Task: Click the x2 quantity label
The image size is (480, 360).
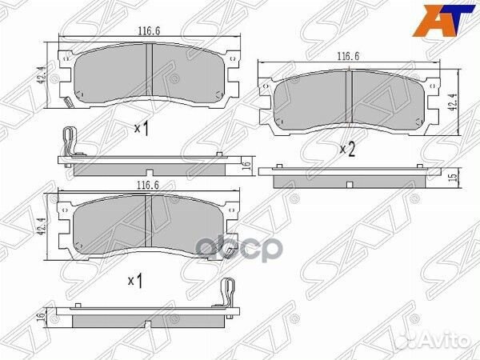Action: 347,149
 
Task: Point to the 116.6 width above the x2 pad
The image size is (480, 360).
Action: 347,58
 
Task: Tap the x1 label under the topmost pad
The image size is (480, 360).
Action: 142,128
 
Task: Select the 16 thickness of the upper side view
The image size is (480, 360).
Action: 246,166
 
